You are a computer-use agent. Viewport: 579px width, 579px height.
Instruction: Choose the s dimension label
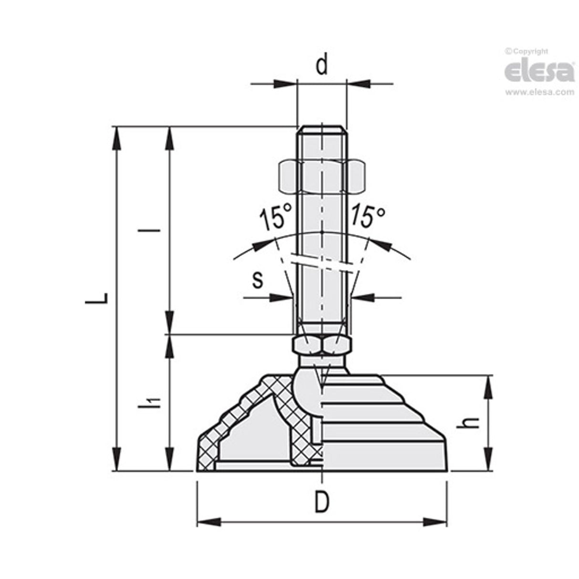tap(258, 280)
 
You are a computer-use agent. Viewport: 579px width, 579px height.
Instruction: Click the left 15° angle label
tap(275, 217)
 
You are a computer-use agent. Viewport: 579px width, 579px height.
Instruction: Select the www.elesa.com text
tap(539, 93)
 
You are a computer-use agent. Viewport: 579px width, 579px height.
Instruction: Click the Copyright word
tap(529, 52)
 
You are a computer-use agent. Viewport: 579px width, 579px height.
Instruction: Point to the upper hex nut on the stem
tap(322, 176)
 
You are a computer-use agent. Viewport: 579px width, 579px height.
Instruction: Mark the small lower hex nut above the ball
tap(322, 344)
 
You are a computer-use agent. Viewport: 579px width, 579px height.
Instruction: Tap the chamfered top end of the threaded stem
tap(322, 130)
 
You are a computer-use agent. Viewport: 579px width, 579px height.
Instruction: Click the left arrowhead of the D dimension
tap(209, 521)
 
